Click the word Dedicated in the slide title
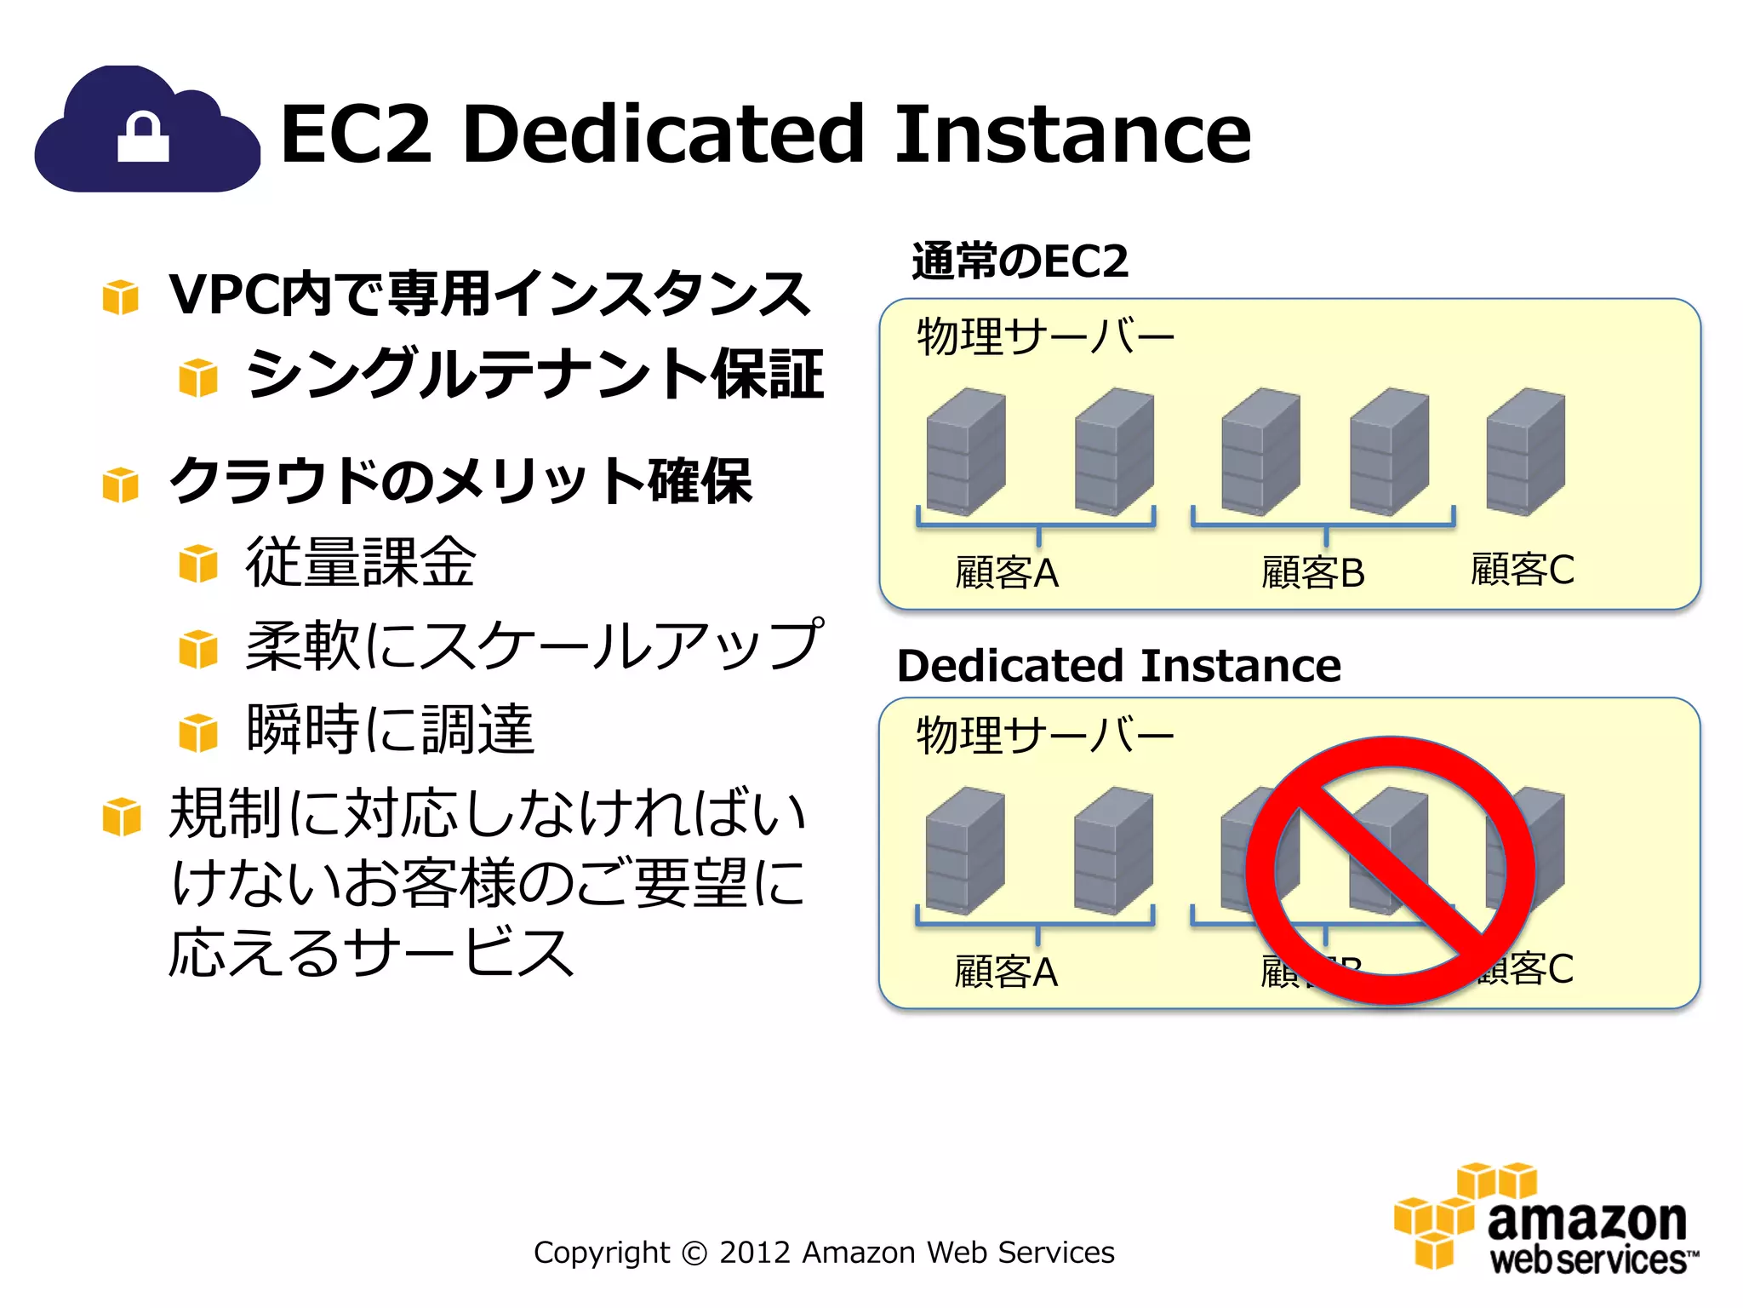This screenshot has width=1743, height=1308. coord(664,134)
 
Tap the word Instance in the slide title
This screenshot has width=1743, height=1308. coord(1072,134)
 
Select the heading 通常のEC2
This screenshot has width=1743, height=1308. coord(1020,261)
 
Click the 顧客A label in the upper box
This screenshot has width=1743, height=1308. coord(1007,572)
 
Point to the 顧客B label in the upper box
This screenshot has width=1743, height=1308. coord(1312,572)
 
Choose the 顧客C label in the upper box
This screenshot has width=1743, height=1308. coord(1523,569)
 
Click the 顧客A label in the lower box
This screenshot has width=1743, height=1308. coord(1006,972)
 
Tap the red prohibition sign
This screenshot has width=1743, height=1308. coord(1391,870)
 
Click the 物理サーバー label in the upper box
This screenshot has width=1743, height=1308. coord(1045,336)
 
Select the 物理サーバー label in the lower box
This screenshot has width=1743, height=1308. coord(1045,735)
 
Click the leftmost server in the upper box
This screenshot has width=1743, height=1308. coord(966,451)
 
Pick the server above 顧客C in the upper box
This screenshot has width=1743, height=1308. coord(1525,451)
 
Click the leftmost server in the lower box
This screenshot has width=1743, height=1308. coord(965,851)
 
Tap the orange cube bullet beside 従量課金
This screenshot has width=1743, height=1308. coord(198,564)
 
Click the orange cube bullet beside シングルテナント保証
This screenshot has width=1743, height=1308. coord(198,377)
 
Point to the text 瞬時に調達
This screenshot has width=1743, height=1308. coord(390,729)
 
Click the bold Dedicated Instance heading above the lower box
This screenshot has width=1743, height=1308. coord(1118,665)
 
